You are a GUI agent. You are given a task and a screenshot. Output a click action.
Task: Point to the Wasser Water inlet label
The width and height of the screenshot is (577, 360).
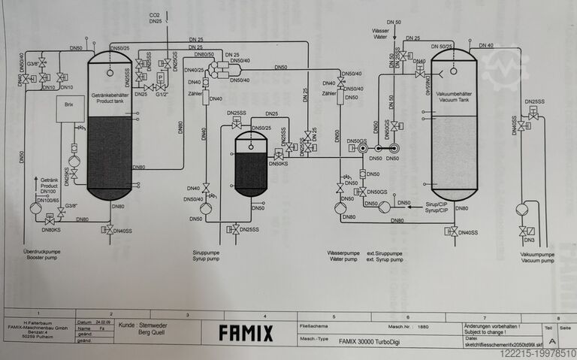382,32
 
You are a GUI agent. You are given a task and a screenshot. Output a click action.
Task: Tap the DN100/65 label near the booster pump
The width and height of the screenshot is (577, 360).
48,200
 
